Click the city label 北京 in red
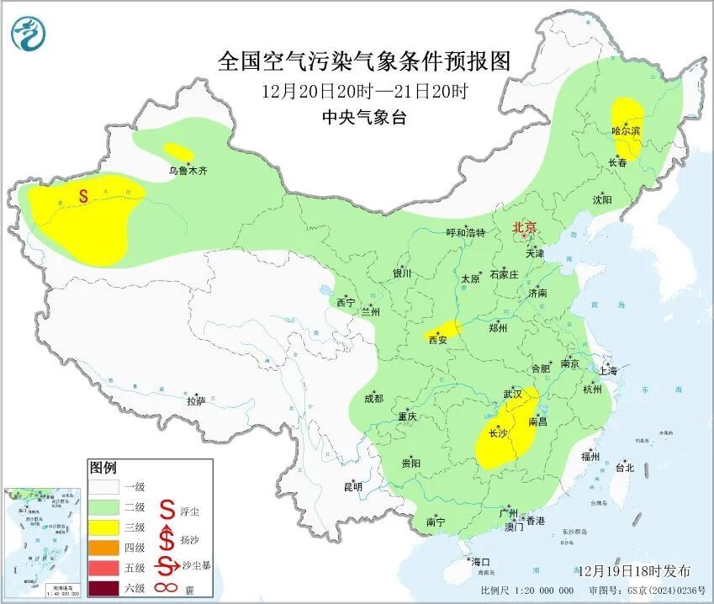pos(525,227)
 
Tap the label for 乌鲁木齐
pos(188,171)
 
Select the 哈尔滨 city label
pos(626,131)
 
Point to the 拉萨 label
pos(196,401)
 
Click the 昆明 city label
pos(352,486)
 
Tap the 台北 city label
pos(624,467)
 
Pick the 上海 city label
pos(608,370)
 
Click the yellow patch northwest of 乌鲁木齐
pos(177,151)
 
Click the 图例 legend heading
pos(103,468)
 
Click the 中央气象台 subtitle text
pos(364,119)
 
